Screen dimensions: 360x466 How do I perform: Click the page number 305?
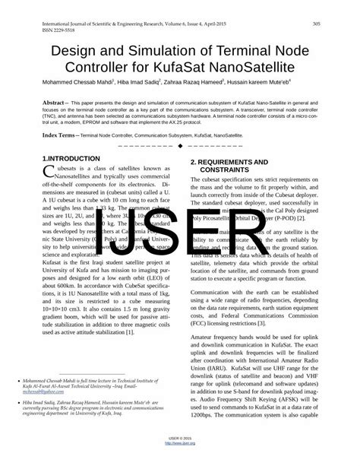pyautogui.click(x=315, y=24)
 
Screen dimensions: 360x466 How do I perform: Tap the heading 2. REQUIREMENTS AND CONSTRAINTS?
pyautogui.click(x=229, y=166)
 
